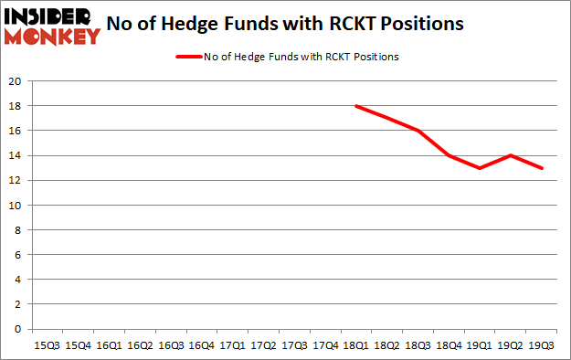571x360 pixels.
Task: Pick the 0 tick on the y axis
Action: [19, 329]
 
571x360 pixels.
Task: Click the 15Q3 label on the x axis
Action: [47, 345]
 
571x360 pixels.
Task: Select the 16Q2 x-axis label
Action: [139, 345]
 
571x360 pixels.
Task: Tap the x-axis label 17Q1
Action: [232, 345]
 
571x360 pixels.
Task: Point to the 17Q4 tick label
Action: [324, 345]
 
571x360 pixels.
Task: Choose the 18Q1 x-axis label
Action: [355, 345]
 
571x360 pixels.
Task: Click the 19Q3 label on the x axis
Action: [541, 345]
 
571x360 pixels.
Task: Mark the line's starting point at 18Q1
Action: [355, 106]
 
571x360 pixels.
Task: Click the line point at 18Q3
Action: [418, 131]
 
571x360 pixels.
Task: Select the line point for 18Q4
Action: [449, 155]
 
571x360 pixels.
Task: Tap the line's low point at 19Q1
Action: [480, 168]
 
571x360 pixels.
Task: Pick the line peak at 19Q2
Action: [510, 155]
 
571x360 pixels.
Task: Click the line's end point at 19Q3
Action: [541, 168]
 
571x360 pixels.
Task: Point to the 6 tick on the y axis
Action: [19, 255]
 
